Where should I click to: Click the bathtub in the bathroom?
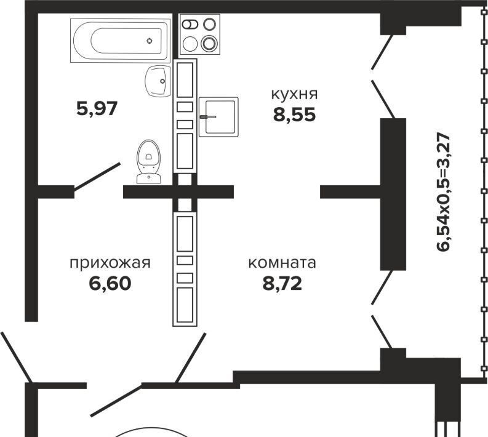tap(121, 40)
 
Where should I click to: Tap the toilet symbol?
tap(148, 161)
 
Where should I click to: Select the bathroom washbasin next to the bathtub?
tap(158, 81)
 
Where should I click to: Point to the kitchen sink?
tap(218, 116)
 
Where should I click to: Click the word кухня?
tap(294, 94)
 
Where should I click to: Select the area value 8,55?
tap(294, 114)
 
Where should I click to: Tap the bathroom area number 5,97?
tap(96, 109)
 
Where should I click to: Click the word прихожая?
tap(110, 263)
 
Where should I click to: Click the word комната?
tap(282, 263)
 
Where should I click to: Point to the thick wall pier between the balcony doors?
tap(393, 193)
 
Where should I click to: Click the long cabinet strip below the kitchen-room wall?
tap(185, 268)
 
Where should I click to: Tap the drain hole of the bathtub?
tap(150, 41)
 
